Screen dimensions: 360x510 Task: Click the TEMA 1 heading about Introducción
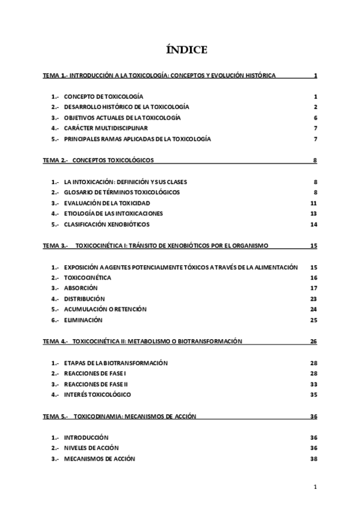click(159, 76)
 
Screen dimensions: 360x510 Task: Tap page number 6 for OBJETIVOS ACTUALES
click(315, 118)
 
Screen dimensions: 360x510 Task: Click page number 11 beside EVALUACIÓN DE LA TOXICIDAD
click(313, 203)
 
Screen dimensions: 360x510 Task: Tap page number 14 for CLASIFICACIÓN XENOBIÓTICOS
click(313, 224)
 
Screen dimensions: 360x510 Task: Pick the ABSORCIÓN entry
click(81, 288)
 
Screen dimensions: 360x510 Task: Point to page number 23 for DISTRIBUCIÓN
click(313, 299)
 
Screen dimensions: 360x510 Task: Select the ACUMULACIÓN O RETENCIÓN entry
click(105, 309)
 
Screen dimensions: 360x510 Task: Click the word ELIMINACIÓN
click(84, 320)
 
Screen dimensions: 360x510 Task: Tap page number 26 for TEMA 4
click(313, 341)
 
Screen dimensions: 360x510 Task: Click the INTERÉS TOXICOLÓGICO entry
click(97, 395)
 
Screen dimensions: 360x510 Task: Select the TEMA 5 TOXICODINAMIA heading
click(119, 416)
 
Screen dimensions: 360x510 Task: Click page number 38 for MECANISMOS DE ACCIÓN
click(313, 459)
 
